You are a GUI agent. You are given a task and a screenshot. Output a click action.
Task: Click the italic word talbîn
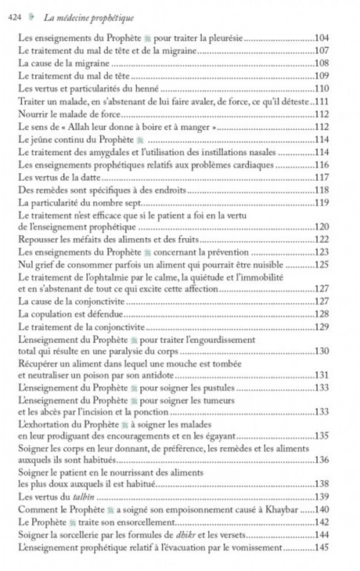77,496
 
